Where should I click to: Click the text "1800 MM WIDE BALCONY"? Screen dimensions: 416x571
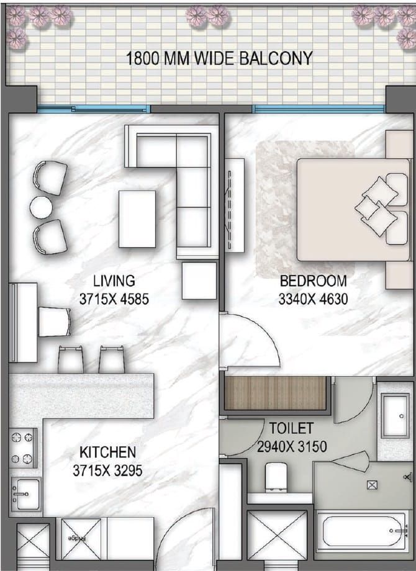click(x=219, y=58)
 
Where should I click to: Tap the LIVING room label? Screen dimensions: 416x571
click(x=114, y=281)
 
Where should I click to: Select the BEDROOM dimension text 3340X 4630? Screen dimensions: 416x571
click(x=313, y=299)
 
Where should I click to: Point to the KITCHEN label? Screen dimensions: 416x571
click(x=107, y=452)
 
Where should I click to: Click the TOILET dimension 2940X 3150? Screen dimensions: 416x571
click(x=292, y=446)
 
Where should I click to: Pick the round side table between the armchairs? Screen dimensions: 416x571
click(x=41, y=207)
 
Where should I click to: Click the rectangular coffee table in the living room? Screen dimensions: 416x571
click(x=137, y=219)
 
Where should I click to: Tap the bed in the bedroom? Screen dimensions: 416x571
click(x=353, y=210)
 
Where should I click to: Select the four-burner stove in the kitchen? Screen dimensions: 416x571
click(x=22, y=448)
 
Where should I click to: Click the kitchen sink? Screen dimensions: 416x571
click(x=25, y=494)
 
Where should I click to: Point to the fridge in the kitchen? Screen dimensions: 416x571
click(x=81, y=539)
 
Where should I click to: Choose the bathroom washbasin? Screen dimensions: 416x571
click(x=395, y=416)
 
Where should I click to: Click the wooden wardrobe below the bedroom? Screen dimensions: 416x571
click(x=275, y=393)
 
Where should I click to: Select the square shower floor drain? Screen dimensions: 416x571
click(x=372, y=485)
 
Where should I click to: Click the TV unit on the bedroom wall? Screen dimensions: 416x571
click(x=235, y=205)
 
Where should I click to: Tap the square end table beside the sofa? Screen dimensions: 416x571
click(x=199, y=281)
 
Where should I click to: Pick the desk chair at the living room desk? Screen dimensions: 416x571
click(x=55, y=322)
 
